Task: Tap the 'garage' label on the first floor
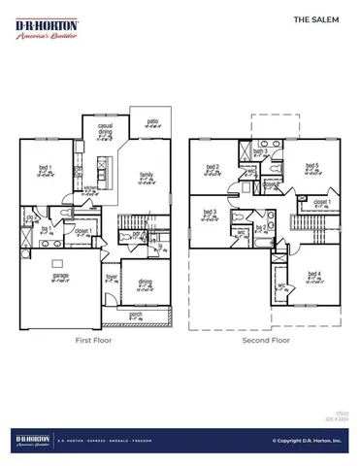(x=48, y=277)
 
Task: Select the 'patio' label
(x=152, y=121)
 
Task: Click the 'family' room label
(x=146, y=175)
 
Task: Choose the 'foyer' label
(x=112, y=277)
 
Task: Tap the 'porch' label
(x=135, y=314)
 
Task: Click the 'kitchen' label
(x=90, y=188)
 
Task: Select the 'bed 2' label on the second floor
(x=212, y=167)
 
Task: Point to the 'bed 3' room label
(x=210, y=212)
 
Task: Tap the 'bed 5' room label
(x=311, y=166)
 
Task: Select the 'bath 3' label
(x=259, y=152)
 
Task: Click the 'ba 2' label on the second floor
(x=260, y=226)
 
